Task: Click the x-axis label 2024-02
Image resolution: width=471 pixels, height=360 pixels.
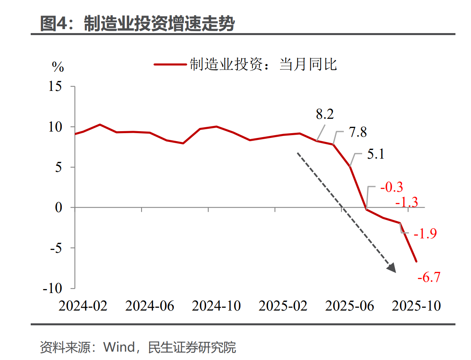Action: pyautogui.click(x=83, y=306)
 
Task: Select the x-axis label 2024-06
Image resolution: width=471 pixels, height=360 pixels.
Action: pyautogui.click(x=150, y=306)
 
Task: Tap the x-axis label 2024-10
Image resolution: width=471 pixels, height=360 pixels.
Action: pyautogui.click(x=216, y=306)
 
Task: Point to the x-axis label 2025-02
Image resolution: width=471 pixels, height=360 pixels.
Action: pyautogui.click(x=283, y=306)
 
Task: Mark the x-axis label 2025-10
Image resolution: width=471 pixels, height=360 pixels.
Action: pyautogui.click(x=416, y=306)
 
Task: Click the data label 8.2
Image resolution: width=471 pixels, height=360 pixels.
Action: pyautogui.click(x=325, y=115)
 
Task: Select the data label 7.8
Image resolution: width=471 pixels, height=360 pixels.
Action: pyautogui.click(x=358, y=132)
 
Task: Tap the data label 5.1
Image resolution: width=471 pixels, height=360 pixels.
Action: pyautogui.click(x=375, y=154)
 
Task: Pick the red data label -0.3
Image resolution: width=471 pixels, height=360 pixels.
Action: pyautogui.click(x=391, y=187)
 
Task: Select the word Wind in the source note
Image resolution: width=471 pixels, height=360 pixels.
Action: pyautogui.click(x=119, y=347)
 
